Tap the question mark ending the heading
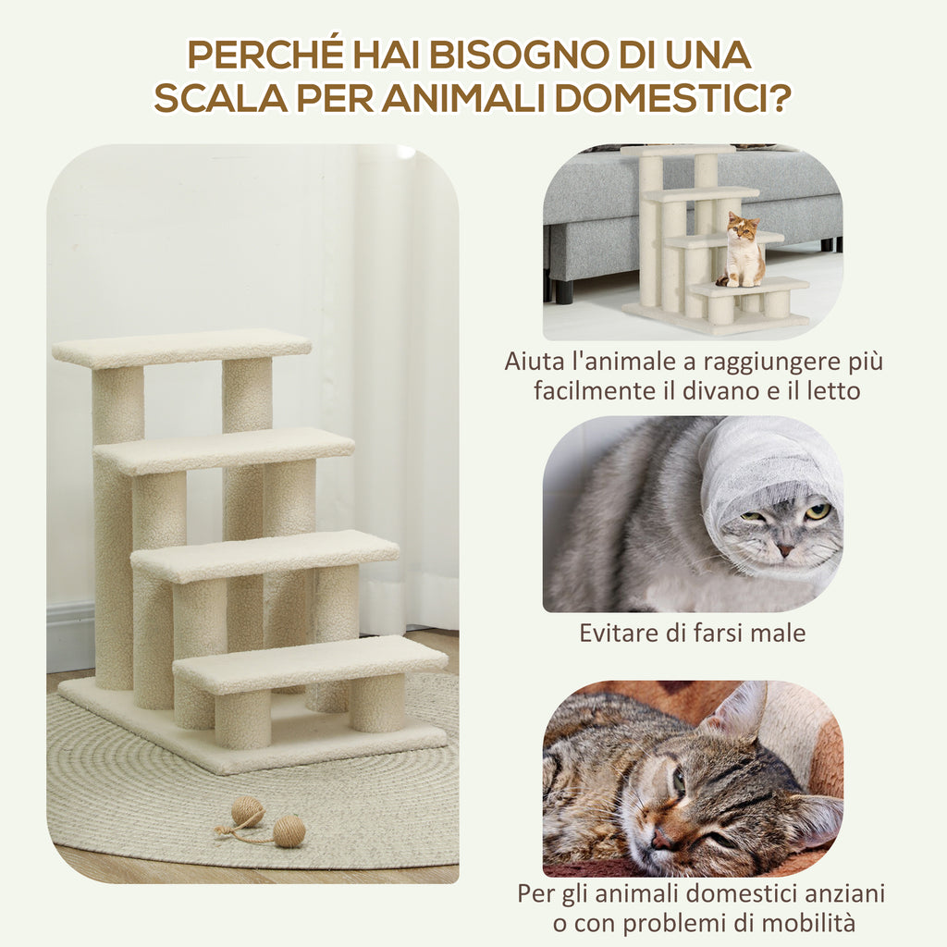pyautogui.click(x=778, y=97)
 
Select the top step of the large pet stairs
pyautogui.click(x=181, y=348)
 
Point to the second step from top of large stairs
pyautogui.click(x=224, y=450)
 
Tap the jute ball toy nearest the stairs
pyautogui.click(x=247, y=812)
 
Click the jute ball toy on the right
pyautogui.click(x=289, y=830)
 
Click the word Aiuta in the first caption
pyautogui.click(x=533, y=361)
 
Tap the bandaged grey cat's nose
pyautogui.click(x=784, y=548)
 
